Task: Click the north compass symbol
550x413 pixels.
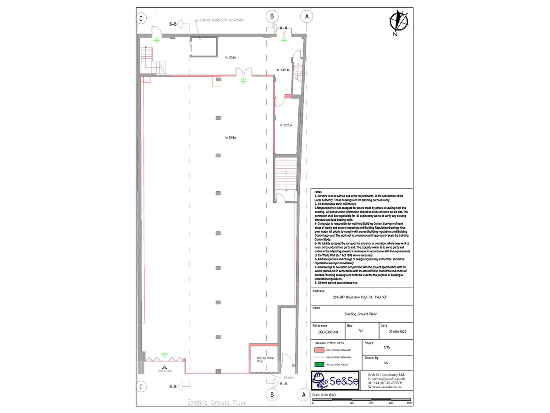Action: [x=398, y=22]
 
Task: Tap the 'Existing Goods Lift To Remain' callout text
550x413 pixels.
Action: [x=221, y=20]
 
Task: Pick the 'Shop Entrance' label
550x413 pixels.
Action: [x=164, y=370]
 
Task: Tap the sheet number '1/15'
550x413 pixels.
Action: [x=387, y=348]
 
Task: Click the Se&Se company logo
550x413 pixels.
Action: [x=335, y=380]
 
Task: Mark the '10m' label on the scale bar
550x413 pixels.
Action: [x=409, y=403]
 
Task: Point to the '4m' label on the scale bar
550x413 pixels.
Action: [x=352, y=403]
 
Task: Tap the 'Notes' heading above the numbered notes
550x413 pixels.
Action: [x=318, y=191]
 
